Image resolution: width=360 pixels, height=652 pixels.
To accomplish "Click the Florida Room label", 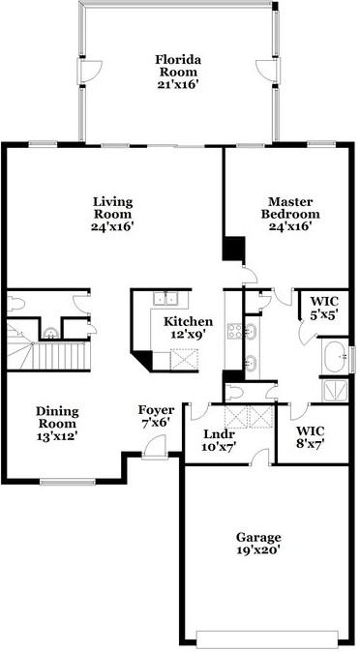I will pyautogui.click(x=178, y=65).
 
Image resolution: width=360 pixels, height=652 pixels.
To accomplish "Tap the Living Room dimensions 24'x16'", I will pyautogui.click(x=112, y=227).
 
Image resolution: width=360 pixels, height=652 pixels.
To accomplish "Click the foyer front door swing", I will pyautogui.click(x=151, y=448).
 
